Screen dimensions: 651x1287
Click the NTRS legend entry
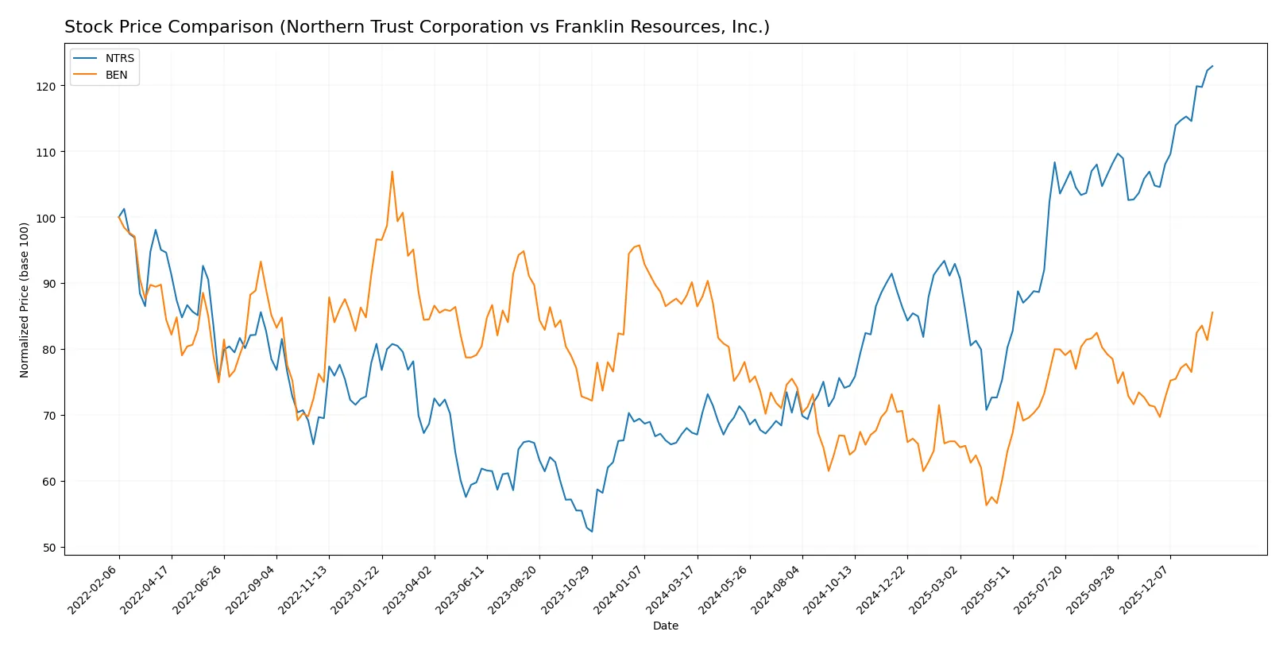[x=119, y=58]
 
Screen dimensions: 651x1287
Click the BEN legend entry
[x=116, y=75]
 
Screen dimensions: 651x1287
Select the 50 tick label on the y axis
[x=50, y=548]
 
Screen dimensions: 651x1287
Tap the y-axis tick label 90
[x=50, y=284]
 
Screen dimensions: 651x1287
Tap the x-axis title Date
[x=665, y=626]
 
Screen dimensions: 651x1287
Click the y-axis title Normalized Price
[x=25, y=300]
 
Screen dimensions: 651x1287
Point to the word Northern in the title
[x=319, y=27]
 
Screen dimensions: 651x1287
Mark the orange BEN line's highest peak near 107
[x=392, y=172]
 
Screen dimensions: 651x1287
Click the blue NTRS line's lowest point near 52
[x=592, y=531]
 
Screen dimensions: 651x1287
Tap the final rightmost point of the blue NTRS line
[x=1212, y=66]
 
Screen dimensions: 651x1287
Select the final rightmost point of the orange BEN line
[x=1212, y=312]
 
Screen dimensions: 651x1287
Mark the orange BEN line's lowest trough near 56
[x=987, y=505]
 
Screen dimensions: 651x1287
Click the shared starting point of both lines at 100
[x=119, y=217]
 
